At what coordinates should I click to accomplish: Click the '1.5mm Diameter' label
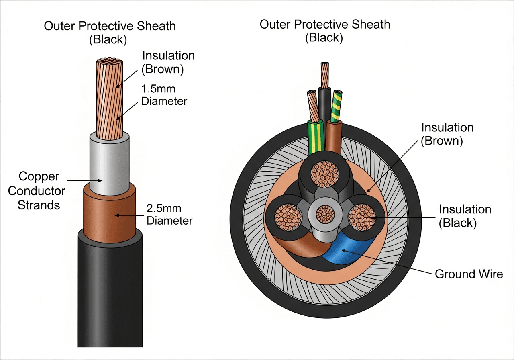point(164,94)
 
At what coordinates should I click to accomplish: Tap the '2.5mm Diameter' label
point(169,215)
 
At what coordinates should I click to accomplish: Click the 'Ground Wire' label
point(469,274)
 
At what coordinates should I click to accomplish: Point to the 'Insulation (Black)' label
point(465,216)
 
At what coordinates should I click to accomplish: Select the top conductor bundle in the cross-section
point(324,174)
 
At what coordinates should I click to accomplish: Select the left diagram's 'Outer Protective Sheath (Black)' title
point(110,33)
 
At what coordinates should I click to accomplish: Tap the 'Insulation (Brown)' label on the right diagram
point(447,135)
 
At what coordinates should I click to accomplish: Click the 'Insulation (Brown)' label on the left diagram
point(168,62)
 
